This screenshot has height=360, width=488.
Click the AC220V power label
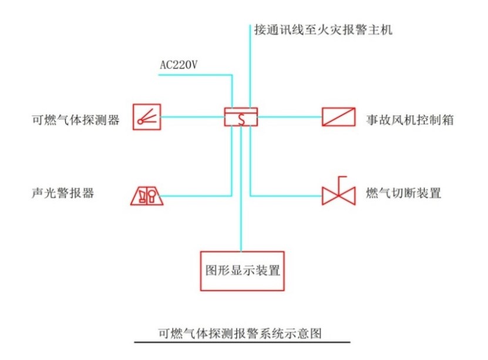(179, 65)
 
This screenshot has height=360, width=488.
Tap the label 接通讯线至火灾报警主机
(322, 29)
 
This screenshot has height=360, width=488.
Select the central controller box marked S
(241, 117)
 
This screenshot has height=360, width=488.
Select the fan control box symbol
(338, 117)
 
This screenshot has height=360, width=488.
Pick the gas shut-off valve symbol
(339, 193)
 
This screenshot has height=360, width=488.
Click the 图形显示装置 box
(241, 271)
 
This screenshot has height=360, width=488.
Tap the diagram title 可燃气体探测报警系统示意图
(241, 333)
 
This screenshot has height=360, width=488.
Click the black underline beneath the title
(242, 342)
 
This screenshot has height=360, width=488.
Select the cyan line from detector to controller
(191, 117)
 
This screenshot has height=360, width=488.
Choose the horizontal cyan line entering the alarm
(194, 195)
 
